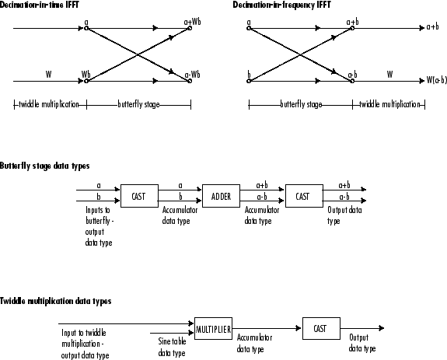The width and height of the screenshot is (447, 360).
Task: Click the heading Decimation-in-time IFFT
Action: coord(40,5)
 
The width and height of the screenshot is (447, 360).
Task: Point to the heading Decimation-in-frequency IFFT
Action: coord(281,5)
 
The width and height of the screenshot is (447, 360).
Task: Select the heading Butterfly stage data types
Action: coord(45,166)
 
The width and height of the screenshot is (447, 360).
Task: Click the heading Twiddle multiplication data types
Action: coord(56,301)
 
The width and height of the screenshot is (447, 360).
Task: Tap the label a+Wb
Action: coord(193,22)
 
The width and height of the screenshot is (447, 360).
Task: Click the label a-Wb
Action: coord(193,75)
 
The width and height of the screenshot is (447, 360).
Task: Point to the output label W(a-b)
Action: coord(436,80)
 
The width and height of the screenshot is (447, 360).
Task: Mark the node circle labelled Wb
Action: coord(86,81)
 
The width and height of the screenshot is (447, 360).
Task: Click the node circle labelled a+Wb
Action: coord(190,28)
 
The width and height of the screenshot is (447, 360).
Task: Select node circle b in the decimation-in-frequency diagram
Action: coord(249,81)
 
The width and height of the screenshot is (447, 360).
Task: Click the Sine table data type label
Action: coord(172,348)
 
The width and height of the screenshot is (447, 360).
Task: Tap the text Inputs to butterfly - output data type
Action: coord(100,226)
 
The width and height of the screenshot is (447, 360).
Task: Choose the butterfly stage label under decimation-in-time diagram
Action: coord(139,104)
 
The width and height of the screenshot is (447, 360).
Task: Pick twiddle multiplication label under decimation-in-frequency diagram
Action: coord(389,104)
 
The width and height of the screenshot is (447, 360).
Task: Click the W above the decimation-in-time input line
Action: coord(49,75)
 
